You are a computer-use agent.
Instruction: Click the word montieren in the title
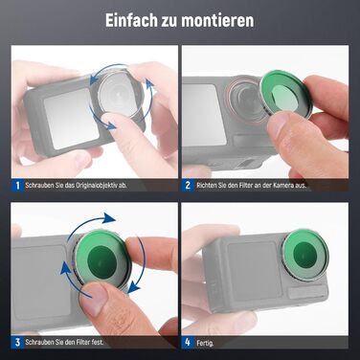tap(223, 21)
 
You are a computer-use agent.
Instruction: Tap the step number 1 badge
tap(17, 185)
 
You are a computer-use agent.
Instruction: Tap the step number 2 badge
tap(189, 185)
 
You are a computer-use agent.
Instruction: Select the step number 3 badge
tap(17, 341)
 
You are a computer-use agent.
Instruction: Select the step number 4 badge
tap(189, 341)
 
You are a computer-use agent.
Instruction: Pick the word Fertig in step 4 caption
tap(211, 341)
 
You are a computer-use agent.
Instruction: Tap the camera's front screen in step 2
tap(203, 115)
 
